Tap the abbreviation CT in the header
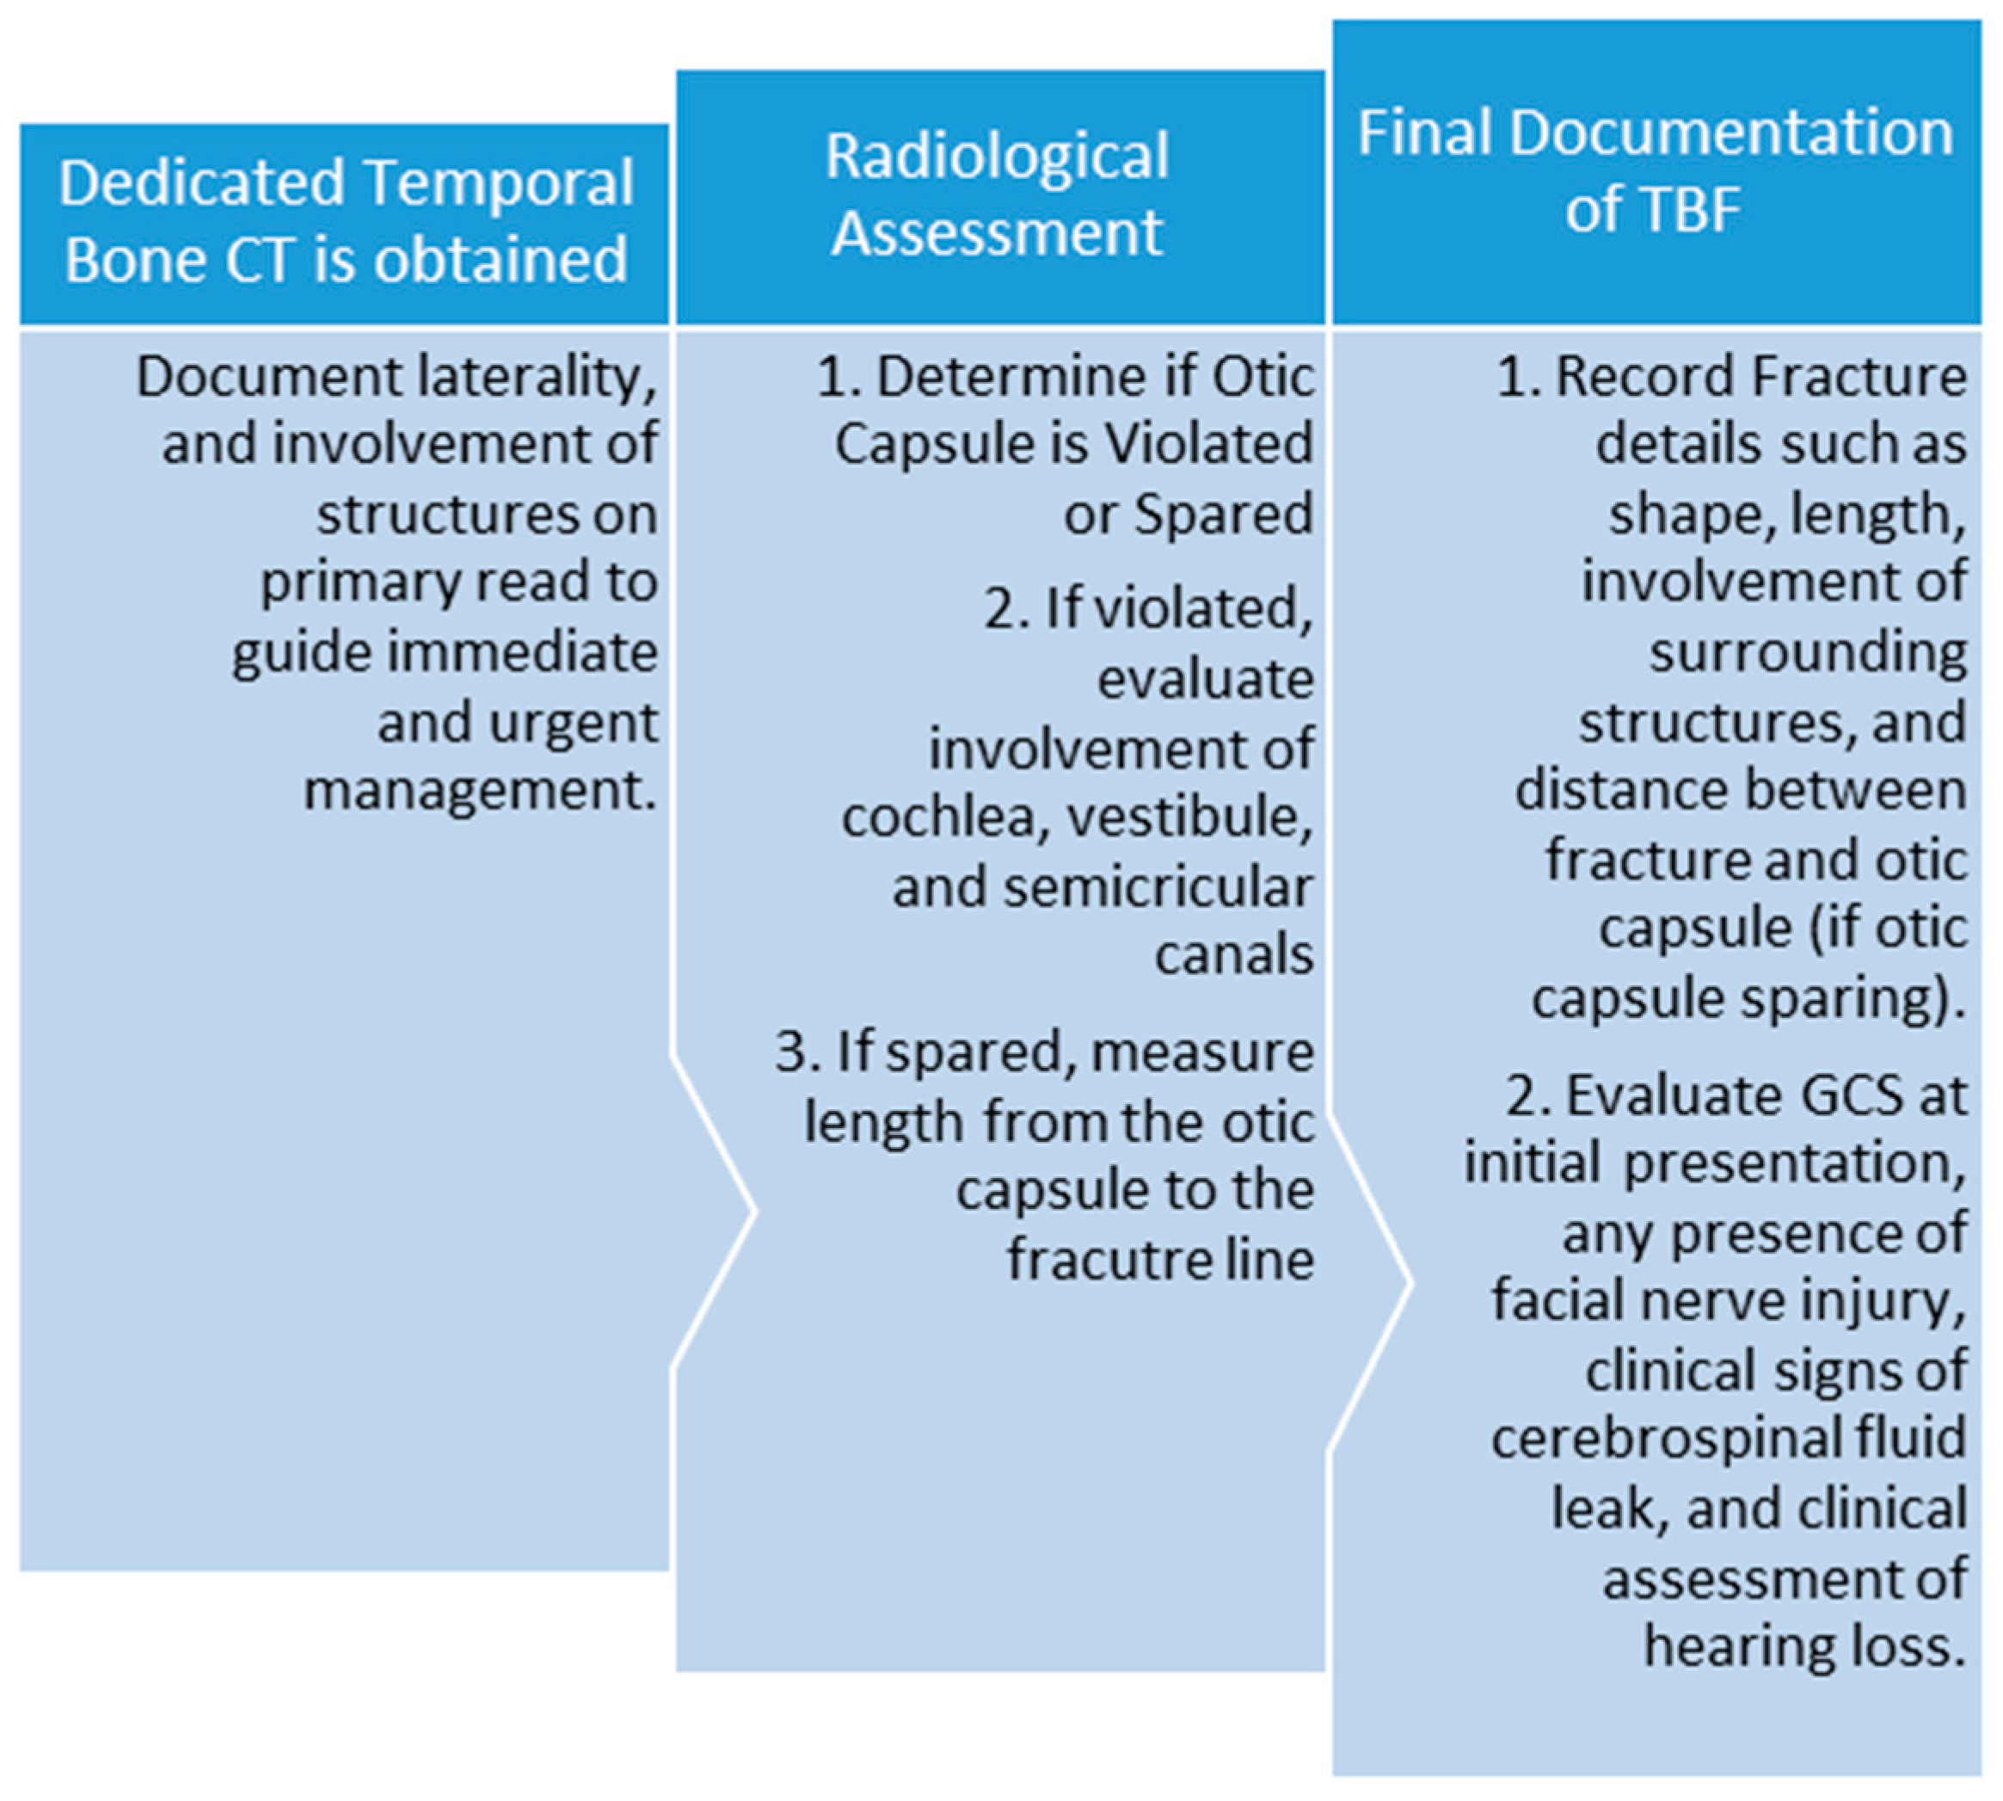coord(260,259)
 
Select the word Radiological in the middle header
coord(996,157)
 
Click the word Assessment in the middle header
coord(996,232)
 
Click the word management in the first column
coord(481,791)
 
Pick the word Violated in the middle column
coord(1207,443)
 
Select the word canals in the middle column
coord(1233,955)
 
